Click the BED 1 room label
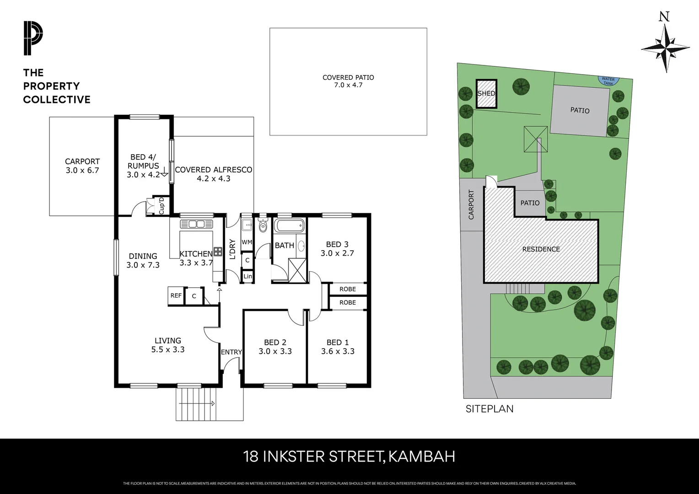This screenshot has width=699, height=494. point(337,343)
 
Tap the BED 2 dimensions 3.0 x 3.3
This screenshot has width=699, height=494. point(275,352)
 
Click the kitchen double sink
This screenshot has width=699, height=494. point(197,224)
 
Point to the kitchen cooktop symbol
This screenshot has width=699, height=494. point(218,251)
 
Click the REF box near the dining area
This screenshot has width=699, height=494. point(176,295)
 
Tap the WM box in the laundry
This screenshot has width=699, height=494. point(247,242)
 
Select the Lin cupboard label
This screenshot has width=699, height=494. point(247,276)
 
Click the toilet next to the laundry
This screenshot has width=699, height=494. point(263,226)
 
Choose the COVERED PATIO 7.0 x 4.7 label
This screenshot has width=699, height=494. point(348,81)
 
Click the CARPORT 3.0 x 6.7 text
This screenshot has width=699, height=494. point(82,166)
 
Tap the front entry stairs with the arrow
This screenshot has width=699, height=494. point(198,403)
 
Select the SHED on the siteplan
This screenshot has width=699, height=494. point(486,93)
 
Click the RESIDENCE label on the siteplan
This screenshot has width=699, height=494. point(541,249)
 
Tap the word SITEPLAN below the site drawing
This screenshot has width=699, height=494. point(489,408)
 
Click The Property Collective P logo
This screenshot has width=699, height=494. point(33,38)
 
